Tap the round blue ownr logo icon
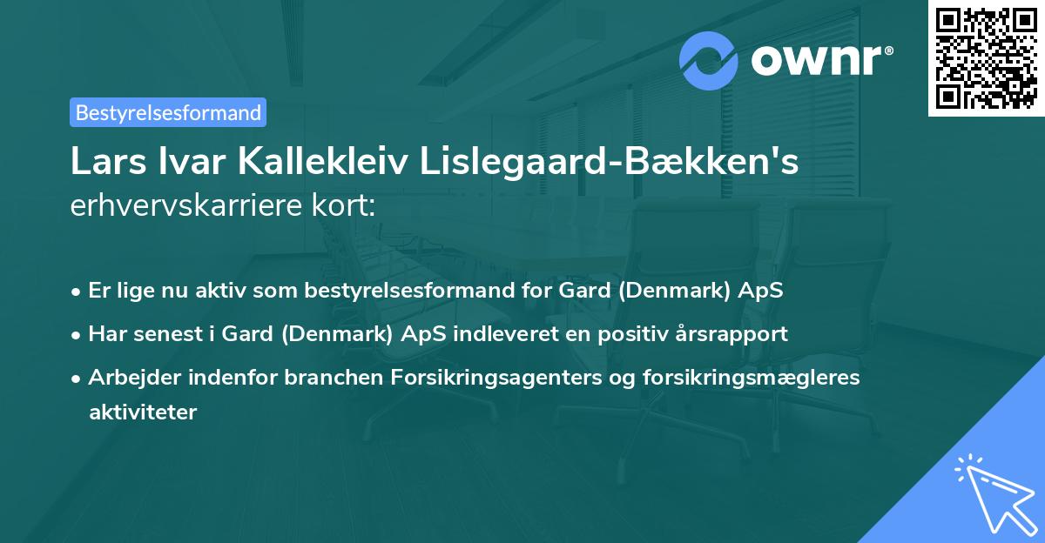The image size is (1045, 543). [x=709, y=60]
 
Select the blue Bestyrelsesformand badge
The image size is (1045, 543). [x=168, y=112]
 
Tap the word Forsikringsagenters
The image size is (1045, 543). [x=529, y=377]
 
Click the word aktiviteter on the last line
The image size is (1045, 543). [x=143, y=412]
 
